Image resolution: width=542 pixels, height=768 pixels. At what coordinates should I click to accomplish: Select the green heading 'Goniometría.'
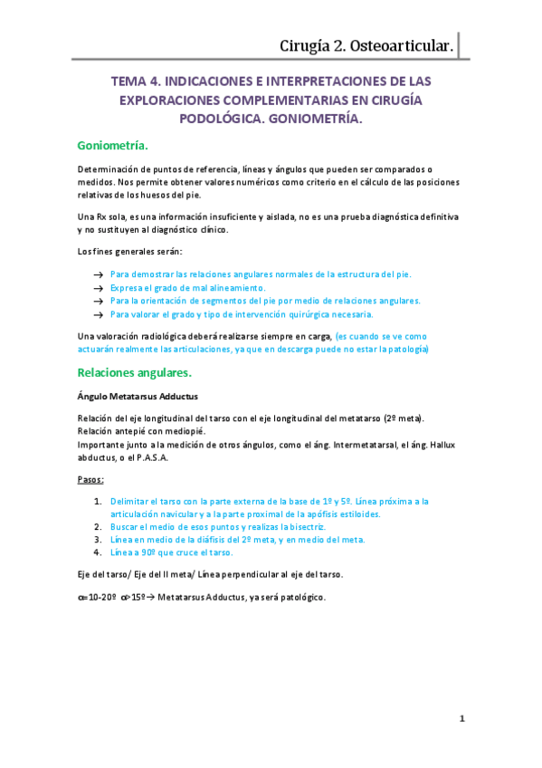[113, 145]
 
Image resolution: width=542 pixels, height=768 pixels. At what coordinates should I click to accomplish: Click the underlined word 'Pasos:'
[91, 478]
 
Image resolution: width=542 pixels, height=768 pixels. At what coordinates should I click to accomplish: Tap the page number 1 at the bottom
[461, 719]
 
